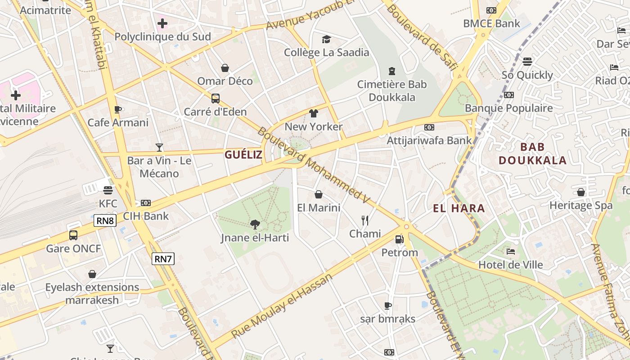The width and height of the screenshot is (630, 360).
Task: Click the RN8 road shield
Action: tap(105, 220)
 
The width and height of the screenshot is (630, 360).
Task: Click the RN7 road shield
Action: tap(163, 259)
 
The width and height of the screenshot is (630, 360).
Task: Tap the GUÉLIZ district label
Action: tap(243, 155)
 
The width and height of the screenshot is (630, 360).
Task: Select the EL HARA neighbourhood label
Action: tap(459, 208)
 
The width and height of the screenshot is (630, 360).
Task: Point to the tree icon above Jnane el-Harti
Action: tap(255, 224)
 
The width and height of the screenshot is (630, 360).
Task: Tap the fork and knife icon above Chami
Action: tap(365, 220)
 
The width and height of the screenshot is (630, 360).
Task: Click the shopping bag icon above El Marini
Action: tap(319, 194)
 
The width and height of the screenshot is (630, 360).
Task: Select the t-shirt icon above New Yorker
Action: tap(314, 113)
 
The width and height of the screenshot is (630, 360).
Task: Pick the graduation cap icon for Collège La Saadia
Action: tap(326, 39)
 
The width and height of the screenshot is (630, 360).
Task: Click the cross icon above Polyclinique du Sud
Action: tap(162, 23)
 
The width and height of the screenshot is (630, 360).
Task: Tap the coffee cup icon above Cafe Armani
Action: tap(118, 109)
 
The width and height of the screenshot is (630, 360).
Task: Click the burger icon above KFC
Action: tap(108, 190)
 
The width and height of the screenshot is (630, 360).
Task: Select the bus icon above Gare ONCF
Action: tap(73, 235)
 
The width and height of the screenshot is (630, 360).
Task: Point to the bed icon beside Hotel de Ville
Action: tap(510, 251)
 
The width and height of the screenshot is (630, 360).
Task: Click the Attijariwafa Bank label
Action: tap(429, 140)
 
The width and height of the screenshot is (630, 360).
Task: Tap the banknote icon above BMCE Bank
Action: tap(491, 10)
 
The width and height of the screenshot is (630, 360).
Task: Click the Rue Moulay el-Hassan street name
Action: tap(281, 306)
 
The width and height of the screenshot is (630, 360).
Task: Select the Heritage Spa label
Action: tap(580, 206)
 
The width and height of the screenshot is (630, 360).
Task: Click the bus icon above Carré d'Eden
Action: tap(216, 98)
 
